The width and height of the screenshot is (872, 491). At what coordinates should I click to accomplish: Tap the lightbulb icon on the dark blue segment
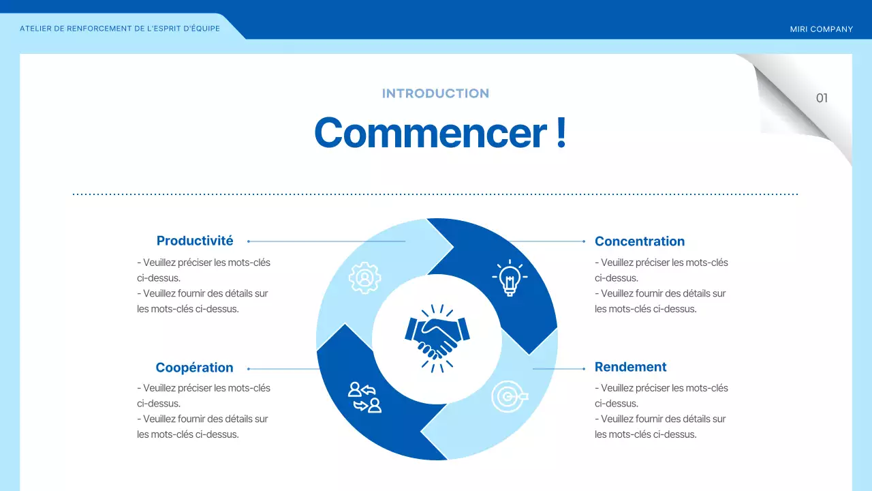pyautogui.click(x=509, y=278)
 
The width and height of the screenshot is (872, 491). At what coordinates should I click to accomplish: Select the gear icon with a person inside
pyautogui.click(x=364, y=278)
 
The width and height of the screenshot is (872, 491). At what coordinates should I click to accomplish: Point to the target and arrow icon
pyautogui.click(x=509, y=396)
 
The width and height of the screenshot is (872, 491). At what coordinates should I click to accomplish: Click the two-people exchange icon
pyautogui.click(x=364, y=397)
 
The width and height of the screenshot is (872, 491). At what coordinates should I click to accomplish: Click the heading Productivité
pyautogui.click(x=195, y=241)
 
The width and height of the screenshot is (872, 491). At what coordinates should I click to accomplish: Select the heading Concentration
pyautogui.click(x=639, y=241)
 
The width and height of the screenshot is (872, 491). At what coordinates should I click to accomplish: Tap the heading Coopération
pyautogui.click(x=194, y=368)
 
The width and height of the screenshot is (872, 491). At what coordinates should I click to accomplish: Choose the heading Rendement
pyautogui.click(x=630, y=367)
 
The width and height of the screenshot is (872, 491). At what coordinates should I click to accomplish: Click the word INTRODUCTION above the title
pyautogui.click(x=435, y=93)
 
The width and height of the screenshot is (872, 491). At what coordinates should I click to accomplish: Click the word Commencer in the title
pyautogui.click(x=430, y=133)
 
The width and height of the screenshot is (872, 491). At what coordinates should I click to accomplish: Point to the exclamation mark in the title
pyautogui.click(x=561, y=133)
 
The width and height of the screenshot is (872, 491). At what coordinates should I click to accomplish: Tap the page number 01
pyautogui.click(x=822, y=98)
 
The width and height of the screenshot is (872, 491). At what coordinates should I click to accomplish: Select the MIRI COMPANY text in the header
pyautogui.click(x=821, y=29)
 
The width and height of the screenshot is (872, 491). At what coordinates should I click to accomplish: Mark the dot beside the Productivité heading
pyautogui.click(x=249, y=241)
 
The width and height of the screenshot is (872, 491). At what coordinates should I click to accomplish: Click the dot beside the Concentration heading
pyautogui.click(x=584, y=241)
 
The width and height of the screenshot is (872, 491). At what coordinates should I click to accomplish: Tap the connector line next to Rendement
pyautogui.click(x=559, y=369)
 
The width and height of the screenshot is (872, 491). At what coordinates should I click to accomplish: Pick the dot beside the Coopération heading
pyautogui.click(x=249, y=369)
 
